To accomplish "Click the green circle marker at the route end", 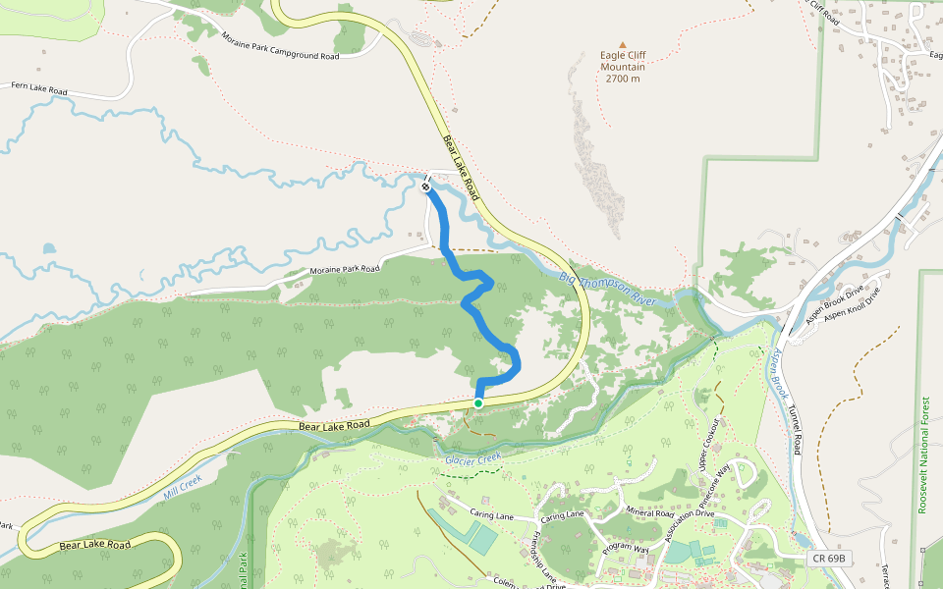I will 478,403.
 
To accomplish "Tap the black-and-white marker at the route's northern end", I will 426,187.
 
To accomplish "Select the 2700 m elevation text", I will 623,79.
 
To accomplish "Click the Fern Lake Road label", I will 39,86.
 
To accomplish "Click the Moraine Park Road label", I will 345,268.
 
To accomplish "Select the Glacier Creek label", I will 473,458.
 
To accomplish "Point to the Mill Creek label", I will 182,483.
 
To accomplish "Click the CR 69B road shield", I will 829,559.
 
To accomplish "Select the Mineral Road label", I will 651,512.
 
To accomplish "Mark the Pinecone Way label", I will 725,482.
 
